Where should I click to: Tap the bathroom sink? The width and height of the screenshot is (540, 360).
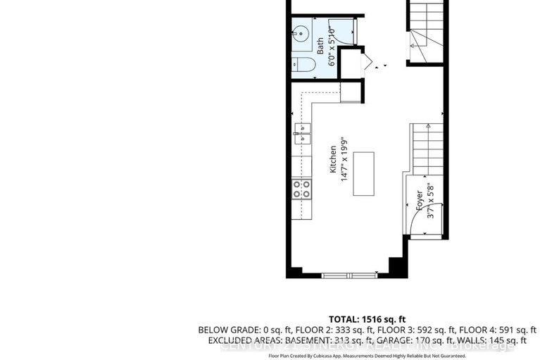[x=301, y=33]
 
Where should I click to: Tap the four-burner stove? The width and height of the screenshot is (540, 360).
[x=302, y=188]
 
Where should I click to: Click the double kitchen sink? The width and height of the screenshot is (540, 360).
[x=302, y=132]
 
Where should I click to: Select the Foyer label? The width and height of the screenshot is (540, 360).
[x=419, y=201]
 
